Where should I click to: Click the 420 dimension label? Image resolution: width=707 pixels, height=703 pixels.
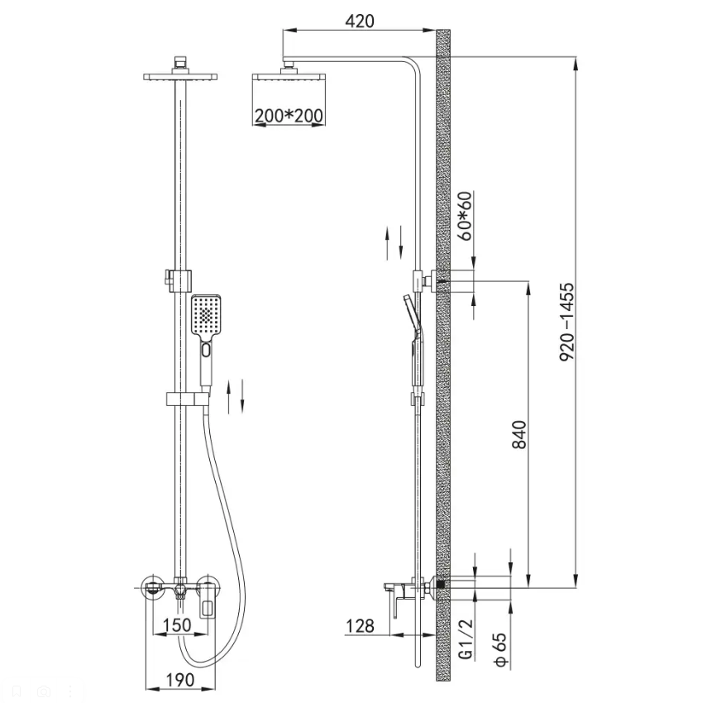point(360,21)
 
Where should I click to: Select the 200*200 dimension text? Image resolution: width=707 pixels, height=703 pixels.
point(289,116)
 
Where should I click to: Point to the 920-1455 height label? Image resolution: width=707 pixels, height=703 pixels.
point(566,321)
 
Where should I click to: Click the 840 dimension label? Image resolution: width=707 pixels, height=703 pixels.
point(519,434)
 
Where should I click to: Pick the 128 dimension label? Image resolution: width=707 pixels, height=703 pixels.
point(360,625)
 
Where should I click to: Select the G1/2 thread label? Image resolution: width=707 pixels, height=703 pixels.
point(467,638)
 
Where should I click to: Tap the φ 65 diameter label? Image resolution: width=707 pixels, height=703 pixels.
point(500,649)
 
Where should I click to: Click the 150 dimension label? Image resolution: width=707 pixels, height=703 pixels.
point(177,625)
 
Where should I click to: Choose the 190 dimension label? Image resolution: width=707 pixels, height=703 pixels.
point(180,680)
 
